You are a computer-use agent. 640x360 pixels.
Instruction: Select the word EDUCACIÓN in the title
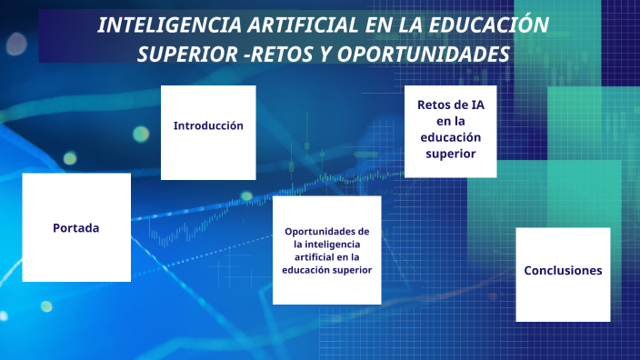tap(492, 25)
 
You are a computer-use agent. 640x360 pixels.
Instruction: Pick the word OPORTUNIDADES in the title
tap(424, 55)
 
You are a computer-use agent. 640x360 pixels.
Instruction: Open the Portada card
tap(76, 228)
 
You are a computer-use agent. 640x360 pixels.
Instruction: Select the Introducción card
tap(208, 125)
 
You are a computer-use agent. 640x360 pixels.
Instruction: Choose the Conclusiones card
tap(563, 271)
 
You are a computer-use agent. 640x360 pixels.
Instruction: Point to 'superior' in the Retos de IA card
tap(451, 153)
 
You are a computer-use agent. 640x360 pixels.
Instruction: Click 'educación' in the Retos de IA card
tap(451, 136)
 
